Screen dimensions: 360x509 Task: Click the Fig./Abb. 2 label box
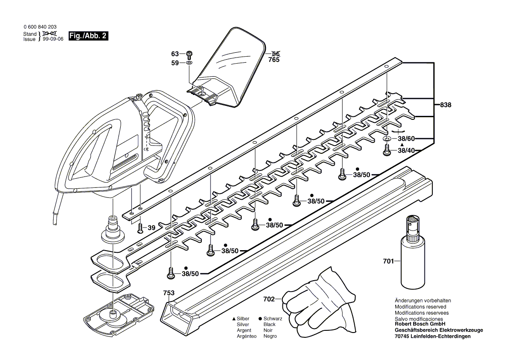click(88, 36)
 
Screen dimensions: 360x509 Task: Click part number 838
click(445, 105)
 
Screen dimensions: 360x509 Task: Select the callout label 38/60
click(407, 139)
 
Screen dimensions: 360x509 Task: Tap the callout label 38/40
click(407, 151)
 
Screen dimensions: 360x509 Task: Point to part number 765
click(274, 60)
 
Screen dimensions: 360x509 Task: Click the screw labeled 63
click(189, 54)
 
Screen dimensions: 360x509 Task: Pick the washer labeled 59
click(189, 63)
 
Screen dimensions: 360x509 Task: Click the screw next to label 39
click(140, 228)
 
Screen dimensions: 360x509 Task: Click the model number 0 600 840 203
click(40, 27)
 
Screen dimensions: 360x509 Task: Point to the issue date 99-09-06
click(53, 39)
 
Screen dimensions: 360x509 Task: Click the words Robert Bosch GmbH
click(419, 324)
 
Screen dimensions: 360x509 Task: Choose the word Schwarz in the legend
click(273, 319)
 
